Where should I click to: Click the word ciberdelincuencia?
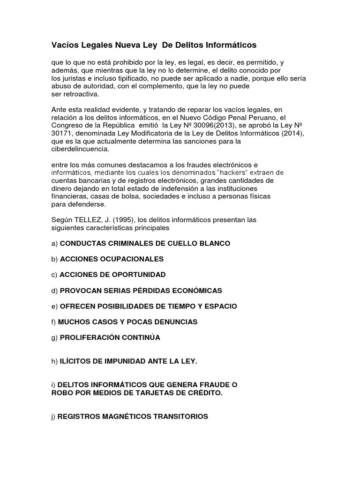[x=80, y=149]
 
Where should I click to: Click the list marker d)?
[x=54, y=290]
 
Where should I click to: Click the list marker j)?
[x=53, y=416]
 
